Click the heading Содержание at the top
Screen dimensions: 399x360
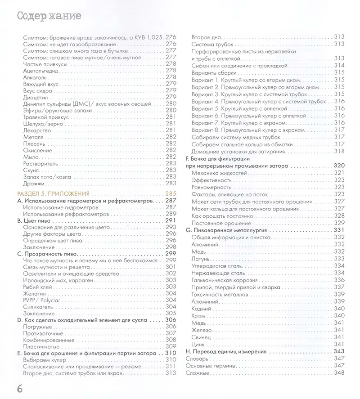(x=49, y=17)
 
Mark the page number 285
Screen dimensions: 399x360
(x=171, y=193)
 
